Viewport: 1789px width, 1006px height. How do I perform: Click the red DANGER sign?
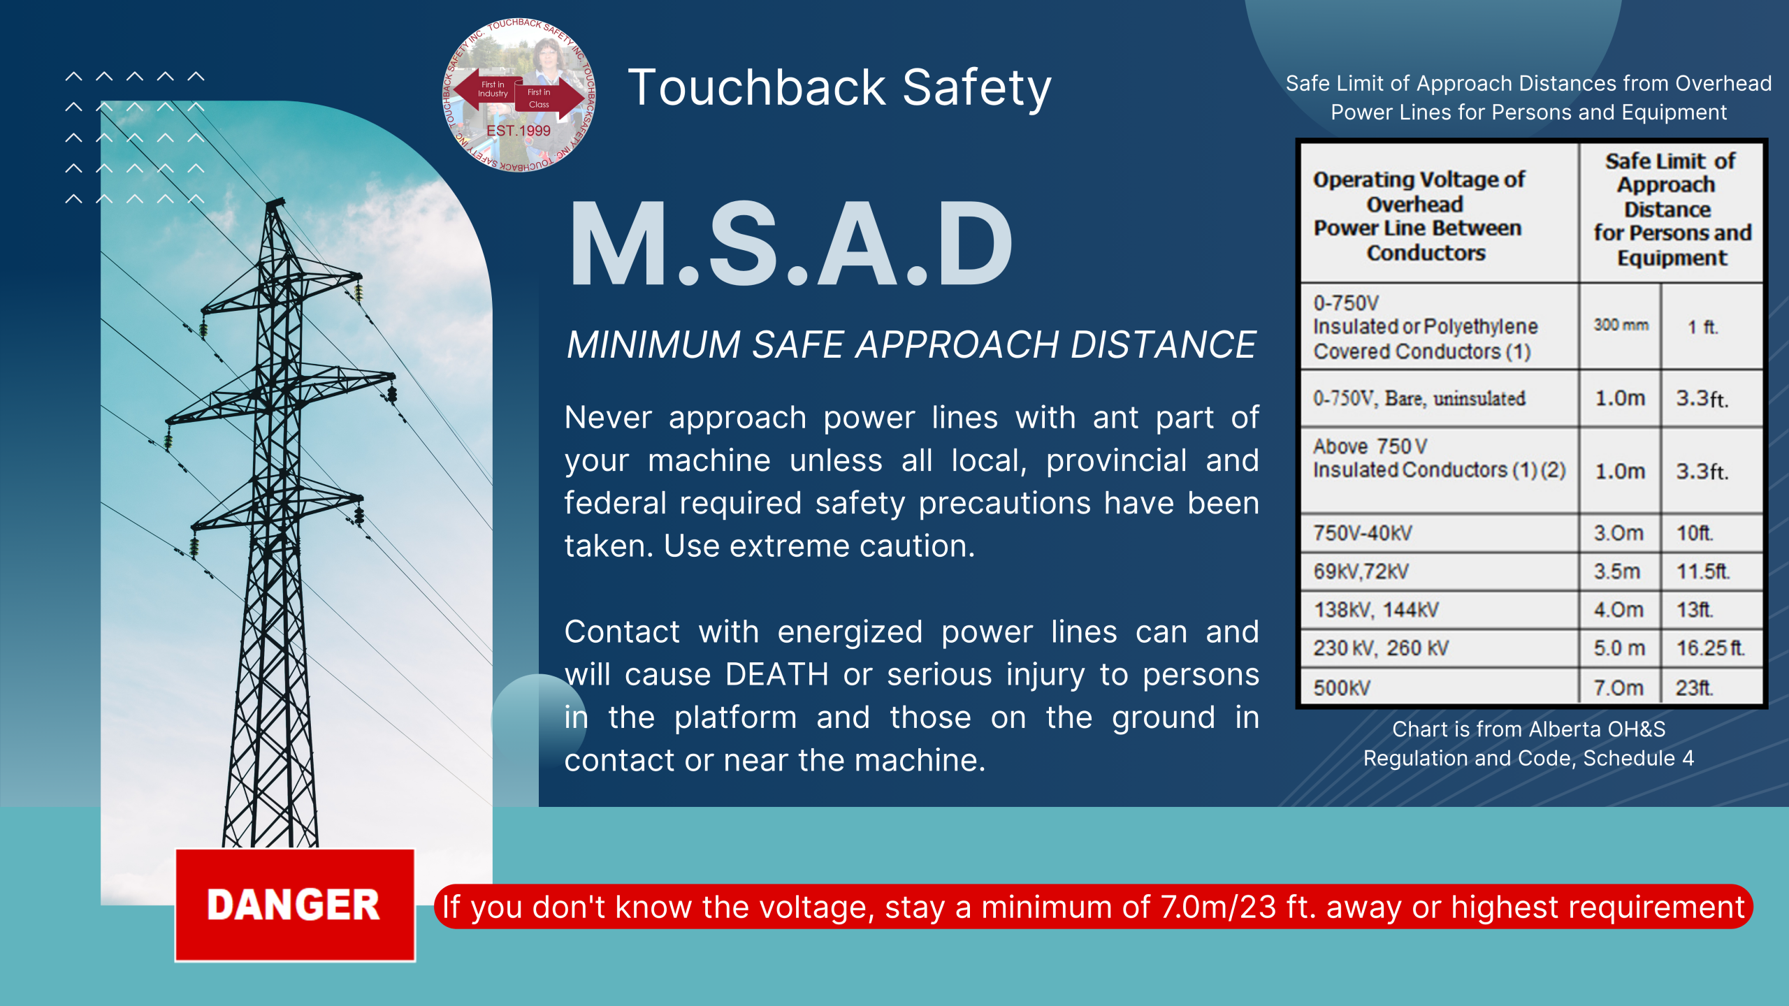(295, 905)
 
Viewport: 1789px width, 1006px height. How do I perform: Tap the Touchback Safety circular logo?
(519, 95)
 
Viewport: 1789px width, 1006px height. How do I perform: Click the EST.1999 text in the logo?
(519, 131)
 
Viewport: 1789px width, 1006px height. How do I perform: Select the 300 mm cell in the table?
(1621, 325)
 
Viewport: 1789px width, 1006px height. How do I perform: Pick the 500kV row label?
(1342, 688)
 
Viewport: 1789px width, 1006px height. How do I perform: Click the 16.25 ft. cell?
(1710, 648)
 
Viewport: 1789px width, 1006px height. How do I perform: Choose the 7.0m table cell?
(1618, 688)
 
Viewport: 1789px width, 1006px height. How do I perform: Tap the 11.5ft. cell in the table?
(1703, 571)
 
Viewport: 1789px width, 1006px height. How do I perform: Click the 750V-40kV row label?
(1363, 533)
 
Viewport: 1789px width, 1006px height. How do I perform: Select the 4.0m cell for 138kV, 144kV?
(1618, 610)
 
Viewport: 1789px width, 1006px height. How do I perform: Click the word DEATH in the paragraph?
(776, 675)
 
